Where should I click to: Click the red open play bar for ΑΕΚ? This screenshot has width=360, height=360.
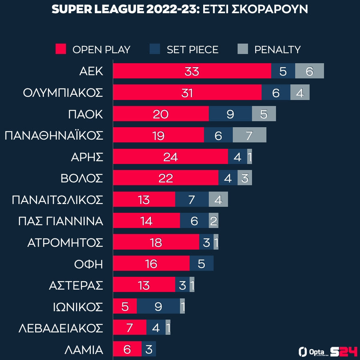pos(192,71)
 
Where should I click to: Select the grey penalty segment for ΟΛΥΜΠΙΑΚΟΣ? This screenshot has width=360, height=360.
pos(300,93)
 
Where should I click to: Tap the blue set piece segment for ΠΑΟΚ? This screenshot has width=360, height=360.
pos(230,114)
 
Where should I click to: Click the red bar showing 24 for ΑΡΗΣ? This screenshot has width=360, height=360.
pos(170,157)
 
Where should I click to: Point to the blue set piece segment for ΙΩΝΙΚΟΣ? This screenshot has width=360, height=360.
pos(158,306)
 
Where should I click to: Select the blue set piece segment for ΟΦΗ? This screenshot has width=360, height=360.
pos(202,264)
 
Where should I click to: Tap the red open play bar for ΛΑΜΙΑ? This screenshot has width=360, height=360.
pos(127,349)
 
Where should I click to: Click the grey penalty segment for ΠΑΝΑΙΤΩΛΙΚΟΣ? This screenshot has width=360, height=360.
pos(218,200)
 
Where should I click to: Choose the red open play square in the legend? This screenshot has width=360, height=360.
pos(60,50)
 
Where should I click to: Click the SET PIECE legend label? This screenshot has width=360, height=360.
pos(192,50)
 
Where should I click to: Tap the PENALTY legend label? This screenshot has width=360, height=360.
pos(278,50)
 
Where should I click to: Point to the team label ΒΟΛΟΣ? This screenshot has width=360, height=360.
pos(82,178)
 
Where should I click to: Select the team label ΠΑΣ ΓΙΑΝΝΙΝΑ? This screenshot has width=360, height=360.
pos(61,221)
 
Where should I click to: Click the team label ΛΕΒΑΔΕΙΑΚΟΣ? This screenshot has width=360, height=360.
pos(61,328)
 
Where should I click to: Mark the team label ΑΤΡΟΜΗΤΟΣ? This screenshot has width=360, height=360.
pos(65,242)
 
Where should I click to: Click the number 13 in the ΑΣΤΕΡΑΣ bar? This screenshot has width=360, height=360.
pos(143,285)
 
